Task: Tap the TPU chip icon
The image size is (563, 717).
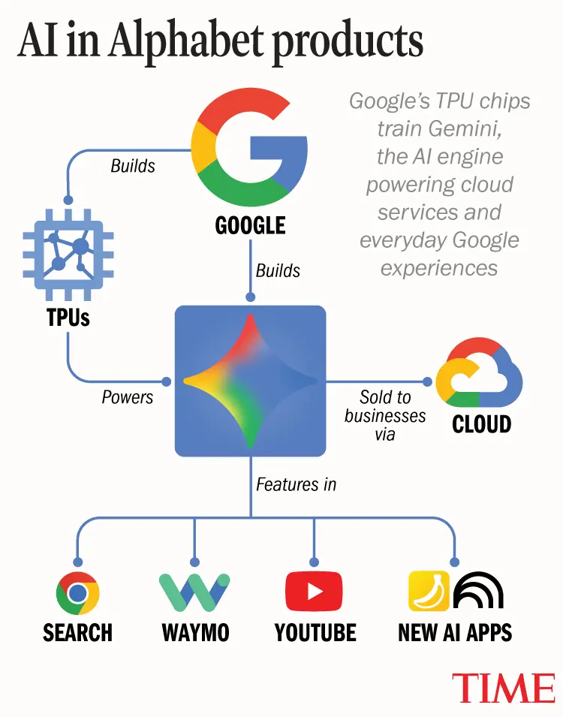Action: pos(68,255)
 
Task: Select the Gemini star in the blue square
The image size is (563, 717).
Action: pos(250,381)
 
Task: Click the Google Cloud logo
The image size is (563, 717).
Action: pos(479,372)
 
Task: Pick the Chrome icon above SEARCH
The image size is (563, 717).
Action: pos(77,593)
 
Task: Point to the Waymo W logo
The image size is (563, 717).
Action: pos(194,592)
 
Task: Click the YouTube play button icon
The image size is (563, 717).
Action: pos(314,592)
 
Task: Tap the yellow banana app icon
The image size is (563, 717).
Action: pos(429,591)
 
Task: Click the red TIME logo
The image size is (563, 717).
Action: pos(504,688)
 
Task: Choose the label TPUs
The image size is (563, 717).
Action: pos(68,317)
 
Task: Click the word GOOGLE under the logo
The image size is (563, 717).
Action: pos(250,225)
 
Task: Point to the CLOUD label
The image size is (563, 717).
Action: pos(482,424)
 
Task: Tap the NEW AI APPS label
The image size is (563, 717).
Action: pos(455,632)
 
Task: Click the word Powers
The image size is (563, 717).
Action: pos(127,397)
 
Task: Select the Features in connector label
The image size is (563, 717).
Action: pos(296,484)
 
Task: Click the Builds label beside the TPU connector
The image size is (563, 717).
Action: pos(133,165)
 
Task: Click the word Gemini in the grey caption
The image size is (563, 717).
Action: pos(465,128)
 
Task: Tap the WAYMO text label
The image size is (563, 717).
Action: pos(195,632)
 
